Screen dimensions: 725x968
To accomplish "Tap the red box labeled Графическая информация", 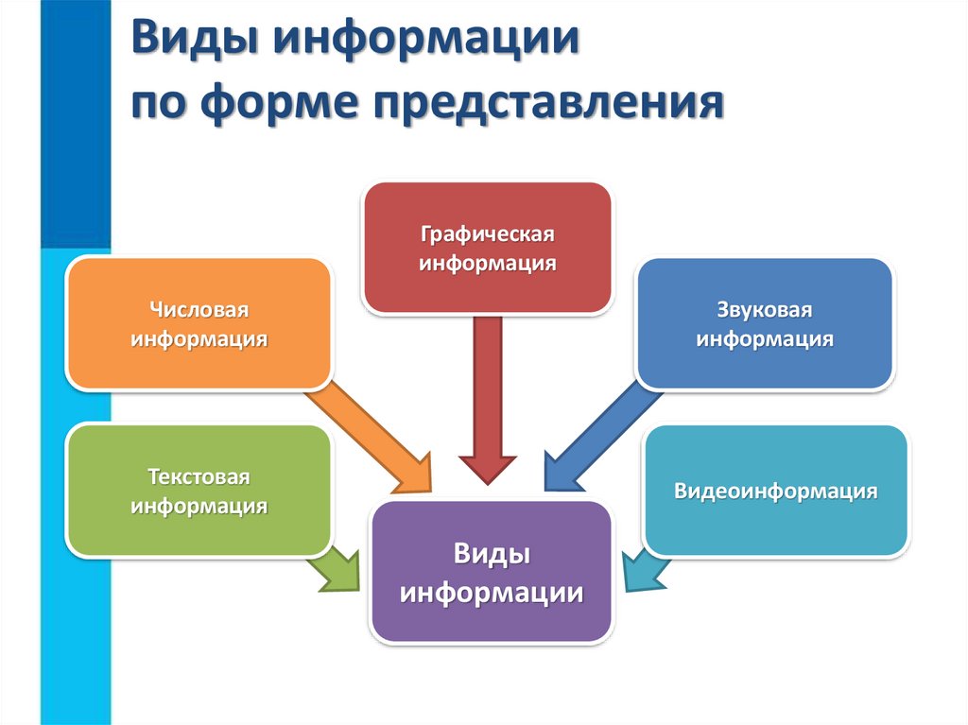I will (487, 248).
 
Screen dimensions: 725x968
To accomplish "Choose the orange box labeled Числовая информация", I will (199, 324).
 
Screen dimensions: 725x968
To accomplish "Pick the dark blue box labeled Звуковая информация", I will (764, 324).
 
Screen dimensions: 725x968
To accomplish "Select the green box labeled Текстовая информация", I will (199, 491).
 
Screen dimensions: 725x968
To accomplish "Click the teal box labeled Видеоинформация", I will (775, 491).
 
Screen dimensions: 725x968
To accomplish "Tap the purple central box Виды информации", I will (491, 573).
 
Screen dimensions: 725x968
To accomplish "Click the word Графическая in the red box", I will (487, 233).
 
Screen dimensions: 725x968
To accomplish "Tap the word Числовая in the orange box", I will (199, 310).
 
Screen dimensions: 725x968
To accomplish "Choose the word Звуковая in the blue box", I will (764, 310).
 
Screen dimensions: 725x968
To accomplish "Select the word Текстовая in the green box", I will (199, 476).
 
